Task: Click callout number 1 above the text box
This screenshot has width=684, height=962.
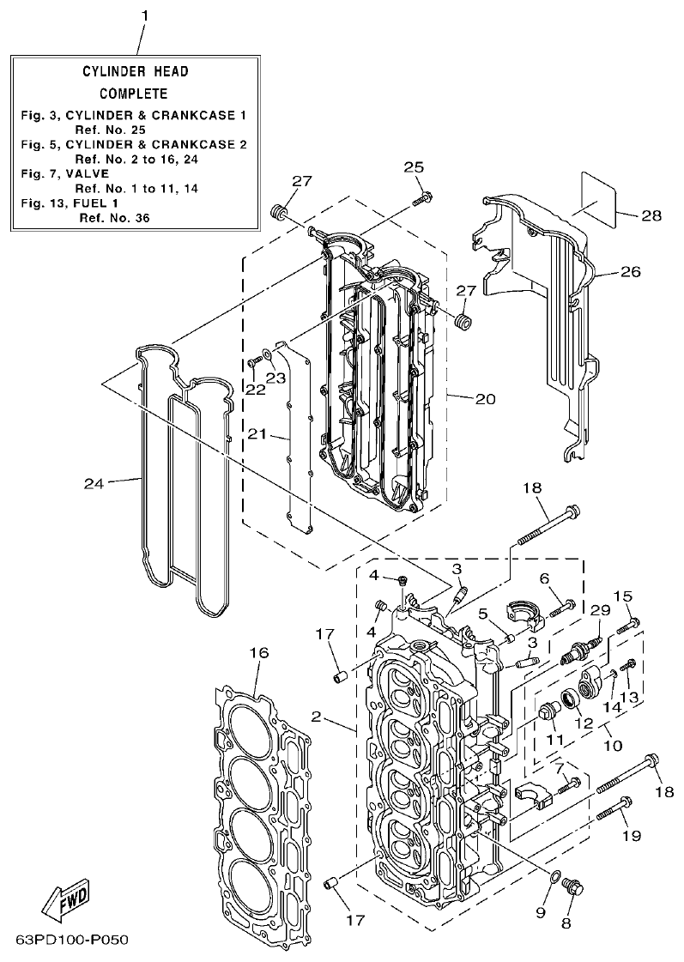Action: click(x=144, y=15)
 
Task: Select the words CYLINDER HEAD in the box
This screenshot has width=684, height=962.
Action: click(x=135, y=72)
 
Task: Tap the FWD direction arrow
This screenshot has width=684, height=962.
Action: click(x=65, y=898)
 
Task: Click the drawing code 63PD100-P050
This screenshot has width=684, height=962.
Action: click(x=71, y=940)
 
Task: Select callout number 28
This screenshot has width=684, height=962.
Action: click(x=651, y=215)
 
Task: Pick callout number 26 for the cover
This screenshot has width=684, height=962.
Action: click(x=631, y=272)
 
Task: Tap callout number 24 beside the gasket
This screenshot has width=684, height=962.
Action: click(x=94, y=483)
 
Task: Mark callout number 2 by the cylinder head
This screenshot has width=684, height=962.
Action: click(x=317, y=716)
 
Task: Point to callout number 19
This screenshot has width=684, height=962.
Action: click(x=632, y=835)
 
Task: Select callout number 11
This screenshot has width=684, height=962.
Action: click(x=550, y=739)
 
